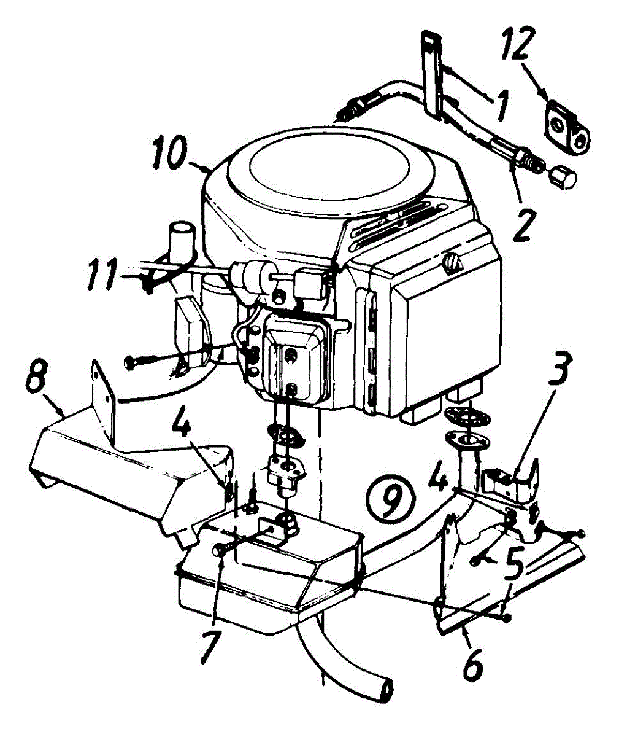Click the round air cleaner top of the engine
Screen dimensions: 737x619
tap(327, 165)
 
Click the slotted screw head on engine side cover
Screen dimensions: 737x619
tap(453, 264)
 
